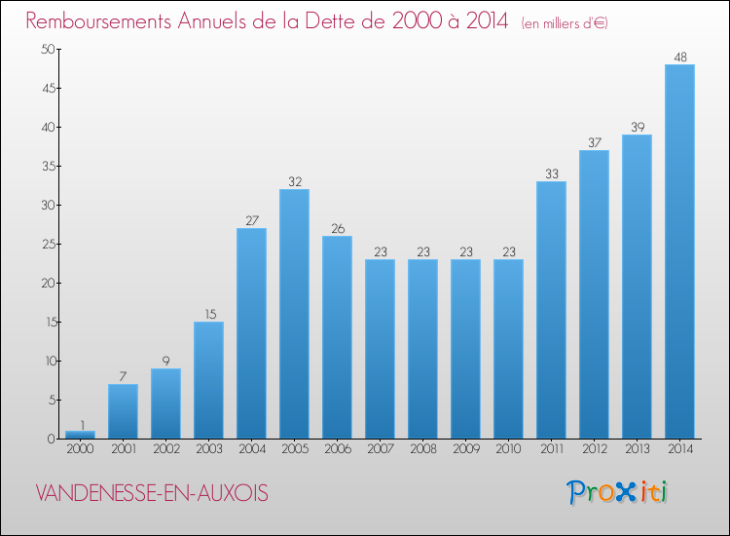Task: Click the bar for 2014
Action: pyautogui.click(x=679, y=251)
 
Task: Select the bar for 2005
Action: pyautogui.click(x=294, y=314)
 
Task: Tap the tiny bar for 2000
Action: pyautogui.click(x=80, y=434)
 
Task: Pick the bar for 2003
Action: pyautogui.click(x=208, y=380)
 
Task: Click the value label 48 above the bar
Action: pyautogui.click(x=679, y=57)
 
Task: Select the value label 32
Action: pyautogui.click(x=294, y=181)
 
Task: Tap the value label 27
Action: pyautogui.click(x=251, y=220)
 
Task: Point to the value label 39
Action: pyautogui.click(x=637, y=127)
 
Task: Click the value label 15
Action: pyautogui.click(x=208, y=314)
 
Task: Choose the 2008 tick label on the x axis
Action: pyautogui.click(x=422, y=449)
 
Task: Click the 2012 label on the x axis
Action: pyautogui.click(x=594, y=449)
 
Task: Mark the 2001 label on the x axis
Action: pyautogui.click(x=123, y=449)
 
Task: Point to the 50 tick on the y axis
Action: pyautogui.click(x=46, y=49)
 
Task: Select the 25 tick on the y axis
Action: pyautogui.click(x=46, y=244)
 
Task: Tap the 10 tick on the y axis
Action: pyautogui.click(x=46, y=361)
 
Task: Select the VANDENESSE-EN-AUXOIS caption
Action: pyautogui.click(x=151, y=493)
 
